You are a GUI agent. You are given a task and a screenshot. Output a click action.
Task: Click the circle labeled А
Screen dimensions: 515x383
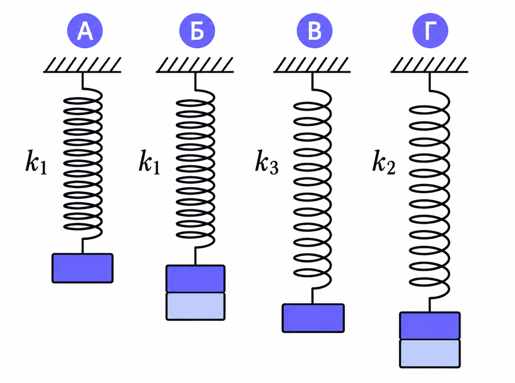[x=85, y=30]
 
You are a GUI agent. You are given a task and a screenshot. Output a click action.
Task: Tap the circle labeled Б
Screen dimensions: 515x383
[x=197, y=30]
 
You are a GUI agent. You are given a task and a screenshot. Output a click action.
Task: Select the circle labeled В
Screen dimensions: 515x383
[x=315, y=30]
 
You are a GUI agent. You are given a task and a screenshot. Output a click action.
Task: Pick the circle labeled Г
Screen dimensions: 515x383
[x=430, y=30]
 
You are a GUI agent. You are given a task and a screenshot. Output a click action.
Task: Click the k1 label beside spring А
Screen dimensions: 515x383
[x=36, y=162]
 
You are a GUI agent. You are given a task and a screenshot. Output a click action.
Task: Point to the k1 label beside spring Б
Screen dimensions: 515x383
[x=149, y=162]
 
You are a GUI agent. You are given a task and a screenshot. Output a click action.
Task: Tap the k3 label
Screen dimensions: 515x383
[x=267, y=162]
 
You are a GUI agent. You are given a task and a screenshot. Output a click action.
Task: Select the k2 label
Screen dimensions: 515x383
[x=384, y=162]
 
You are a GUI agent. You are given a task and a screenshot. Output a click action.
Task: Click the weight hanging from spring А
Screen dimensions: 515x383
[x=83, y=268]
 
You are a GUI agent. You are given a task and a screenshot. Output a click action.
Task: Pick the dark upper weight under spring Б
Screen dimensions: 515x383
[x=196, y=279]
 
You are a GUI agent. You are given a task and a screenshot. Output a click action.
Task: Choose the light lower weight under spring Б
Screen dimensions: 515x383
[x=196, y=307]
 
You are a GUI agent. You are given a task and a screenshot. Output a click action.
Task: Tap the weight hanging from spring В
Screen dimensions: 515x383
[x=313, y=318]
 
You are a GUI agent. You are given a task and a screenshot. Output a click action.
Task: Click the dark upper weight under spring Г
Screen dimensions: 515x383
[x=430, y=326]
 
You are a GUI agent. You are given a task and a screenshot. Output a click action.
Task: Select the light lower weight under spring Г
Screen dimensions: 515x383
[x=430, y=354]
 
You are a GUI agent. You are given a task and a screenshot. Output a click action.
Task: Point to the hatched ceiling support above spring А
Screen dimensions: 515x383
[x=82, y=65]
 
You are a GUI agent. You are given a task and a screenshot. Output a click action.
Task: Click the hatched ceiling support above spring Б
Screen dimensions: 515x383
[x=194, y=65]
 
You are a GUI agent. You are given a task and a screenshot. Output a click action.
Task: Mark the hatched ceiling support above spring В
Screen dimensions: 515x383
[x=312, y=65]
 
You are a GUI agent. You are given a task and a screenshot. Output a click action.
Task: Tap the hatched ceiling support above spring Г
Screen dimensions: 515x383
[x=429, y=65]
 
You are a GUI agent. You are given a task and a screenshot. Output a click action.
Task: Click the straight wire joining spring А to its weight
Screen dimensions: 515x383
[x=83, y=246]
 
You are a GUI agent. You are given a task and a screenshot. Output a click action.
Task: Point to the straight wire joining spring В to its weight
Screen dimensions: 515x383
[x=312, y=296]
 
